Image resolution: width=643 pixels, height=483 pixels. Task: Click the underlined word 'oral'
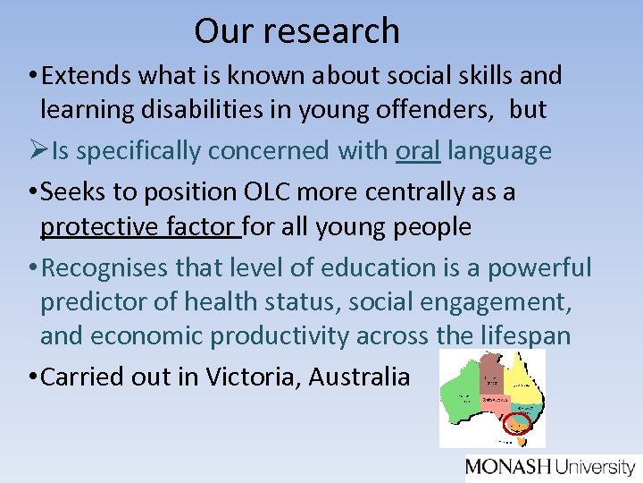point(418,151)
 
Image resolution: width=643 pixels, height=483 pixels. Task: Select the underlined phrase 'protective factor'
point(140,226)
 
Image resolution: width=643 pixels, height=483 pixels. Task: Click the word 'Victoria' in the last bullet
point(253,377)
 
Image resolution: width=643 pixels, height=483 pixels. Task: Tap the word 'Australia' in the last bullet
point(359,377)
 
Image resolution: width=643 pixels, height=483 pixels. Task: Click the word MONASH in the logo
point(508,466)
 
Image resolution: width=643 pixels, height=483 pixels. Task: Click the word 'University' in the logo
point(595,466)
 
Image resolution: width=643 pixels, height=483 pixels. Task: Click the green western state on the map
point(462,394)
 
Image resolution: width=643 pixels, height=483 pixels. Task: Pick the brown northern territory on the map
point(491,371)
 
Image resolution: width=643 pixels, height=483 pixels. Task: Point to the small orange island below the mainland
point(516,440)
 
